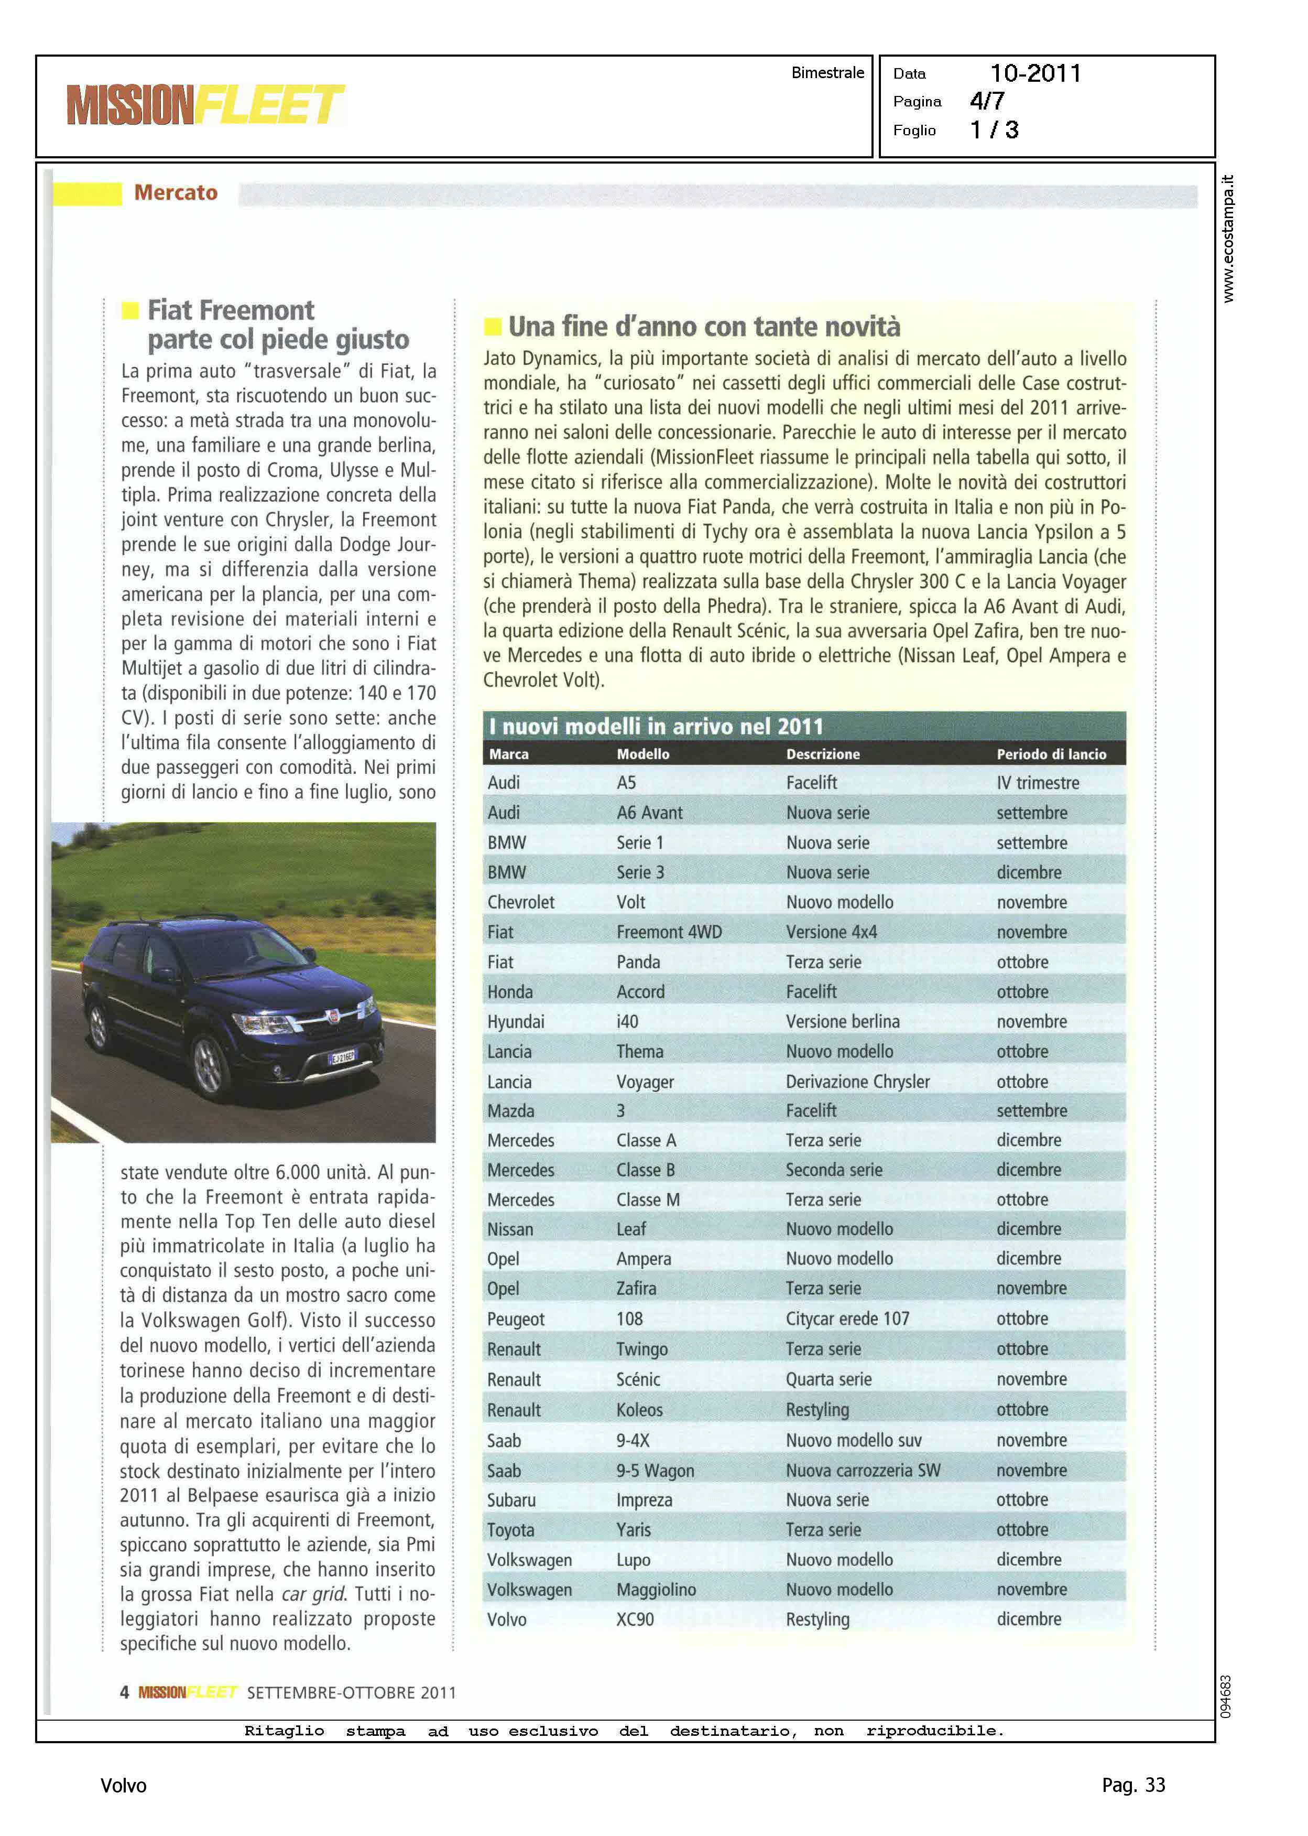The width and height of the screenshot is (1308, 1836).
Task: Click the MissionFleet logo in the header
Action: [205, 105]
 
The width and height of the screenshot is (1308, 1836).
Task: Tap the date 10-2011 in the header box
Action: [1035, 73]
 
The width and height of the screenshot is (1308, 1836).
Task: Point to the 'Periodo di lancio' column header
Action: [1051, 754]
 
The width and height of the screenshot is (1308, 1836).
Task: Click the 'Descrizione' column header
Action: [822, 754]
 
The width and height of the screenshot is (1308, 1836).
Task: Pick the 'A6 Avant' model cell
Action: [649, 813]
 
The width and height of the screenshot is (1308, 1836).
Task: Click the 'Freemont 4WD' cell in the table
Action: [669, 932]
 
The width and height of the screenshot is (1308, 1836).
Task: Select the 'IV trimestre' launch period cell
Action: [1038, 783]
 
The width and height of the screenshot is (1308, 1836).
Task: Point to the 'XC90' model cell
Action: [635, 1619]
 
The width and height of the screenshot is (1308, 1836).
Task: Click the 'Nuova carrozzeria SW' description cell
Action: [863, 1470]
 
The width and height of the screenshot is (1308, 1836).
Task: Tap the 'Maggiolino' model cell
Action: [656, 1590]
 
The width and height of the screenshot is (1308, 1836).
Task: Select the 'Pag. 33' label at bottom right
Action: [1133, 1785]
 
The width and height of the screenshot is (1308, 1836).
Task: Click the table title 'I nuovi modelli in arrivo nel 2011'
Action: [656, 727]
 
